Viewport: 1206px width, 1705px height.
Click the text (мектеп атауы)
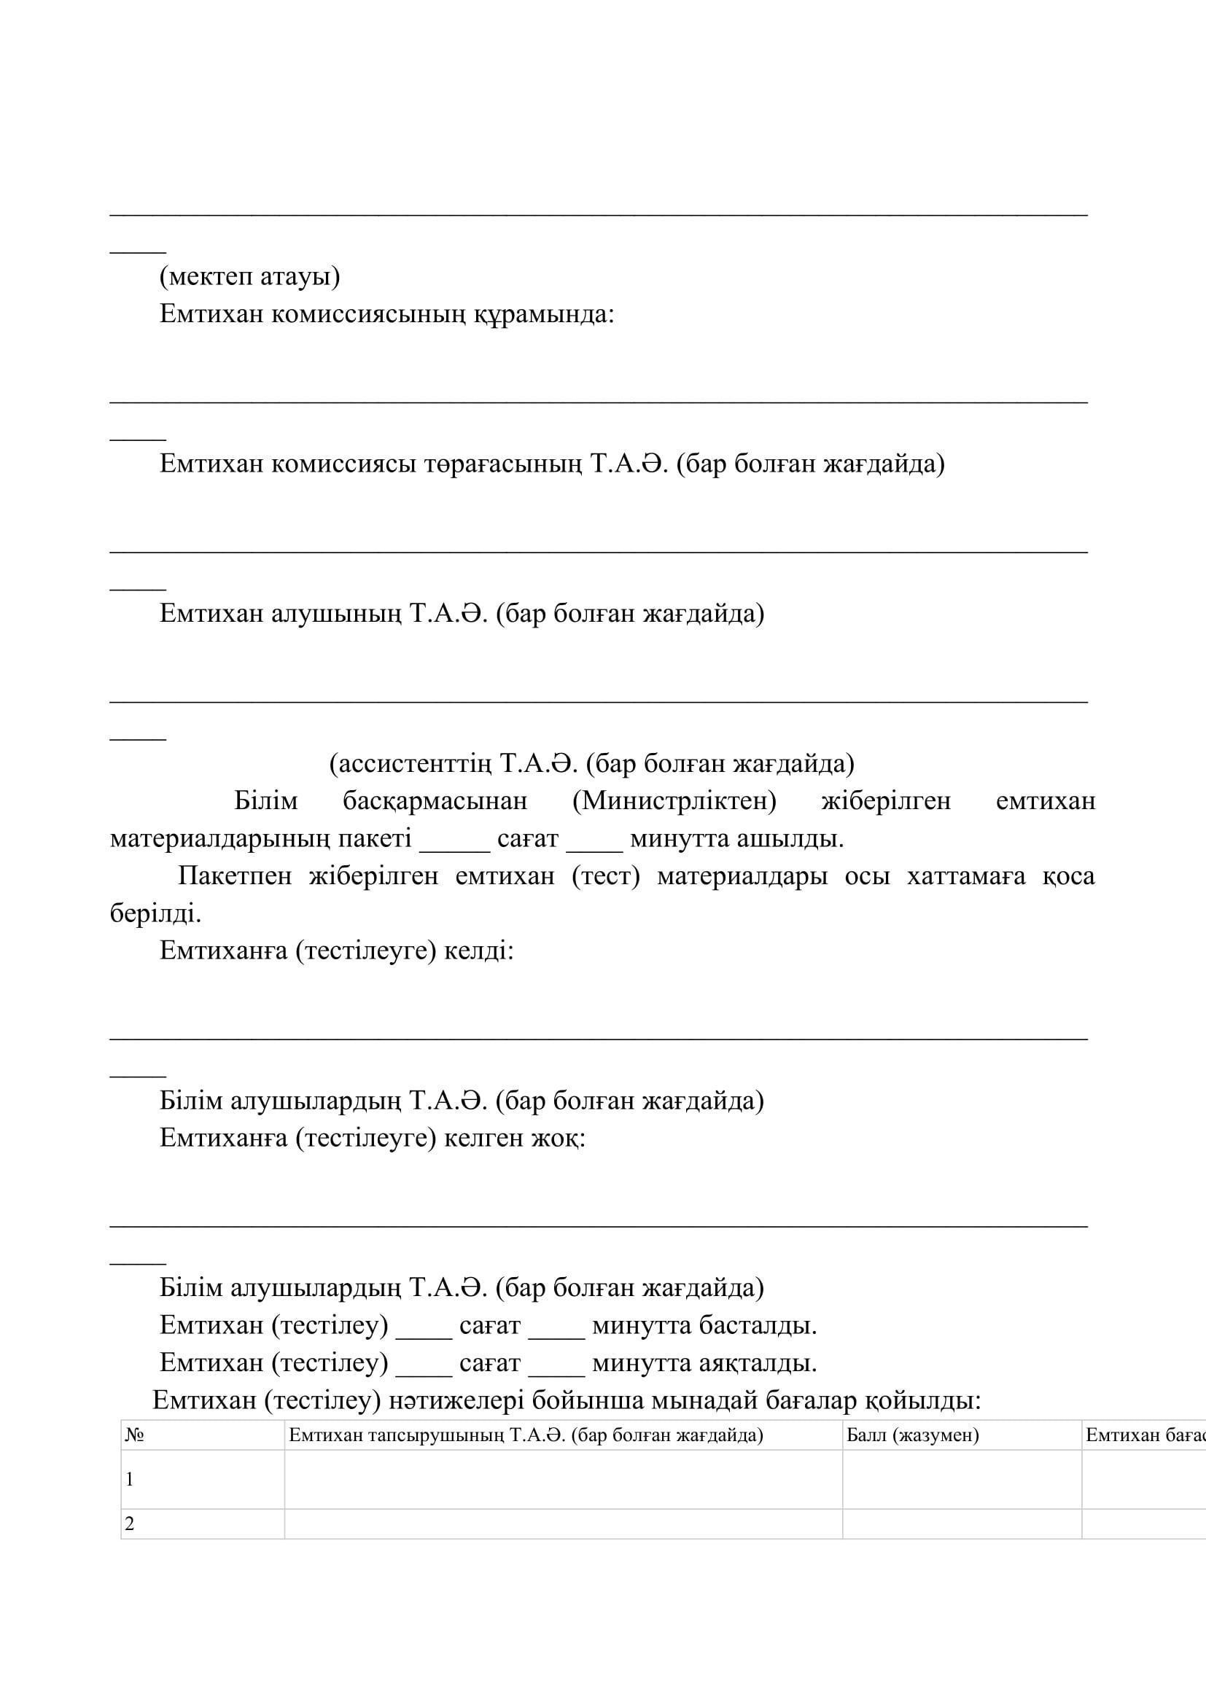pos(249,276)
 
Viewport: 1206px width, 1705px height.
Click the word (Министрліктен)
pos(674,800)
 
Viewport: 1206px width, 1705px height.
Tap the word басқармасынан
pos(435,800)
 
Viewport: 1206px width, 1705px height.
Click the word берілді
pos(155,913)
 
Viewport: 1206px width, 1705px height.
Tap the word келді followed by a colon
pos(478,951)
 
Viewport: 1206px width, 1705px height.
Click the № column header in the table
pos(134,1435)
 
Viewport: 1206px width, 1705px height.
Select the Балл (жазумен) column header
pos(912,1435)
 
